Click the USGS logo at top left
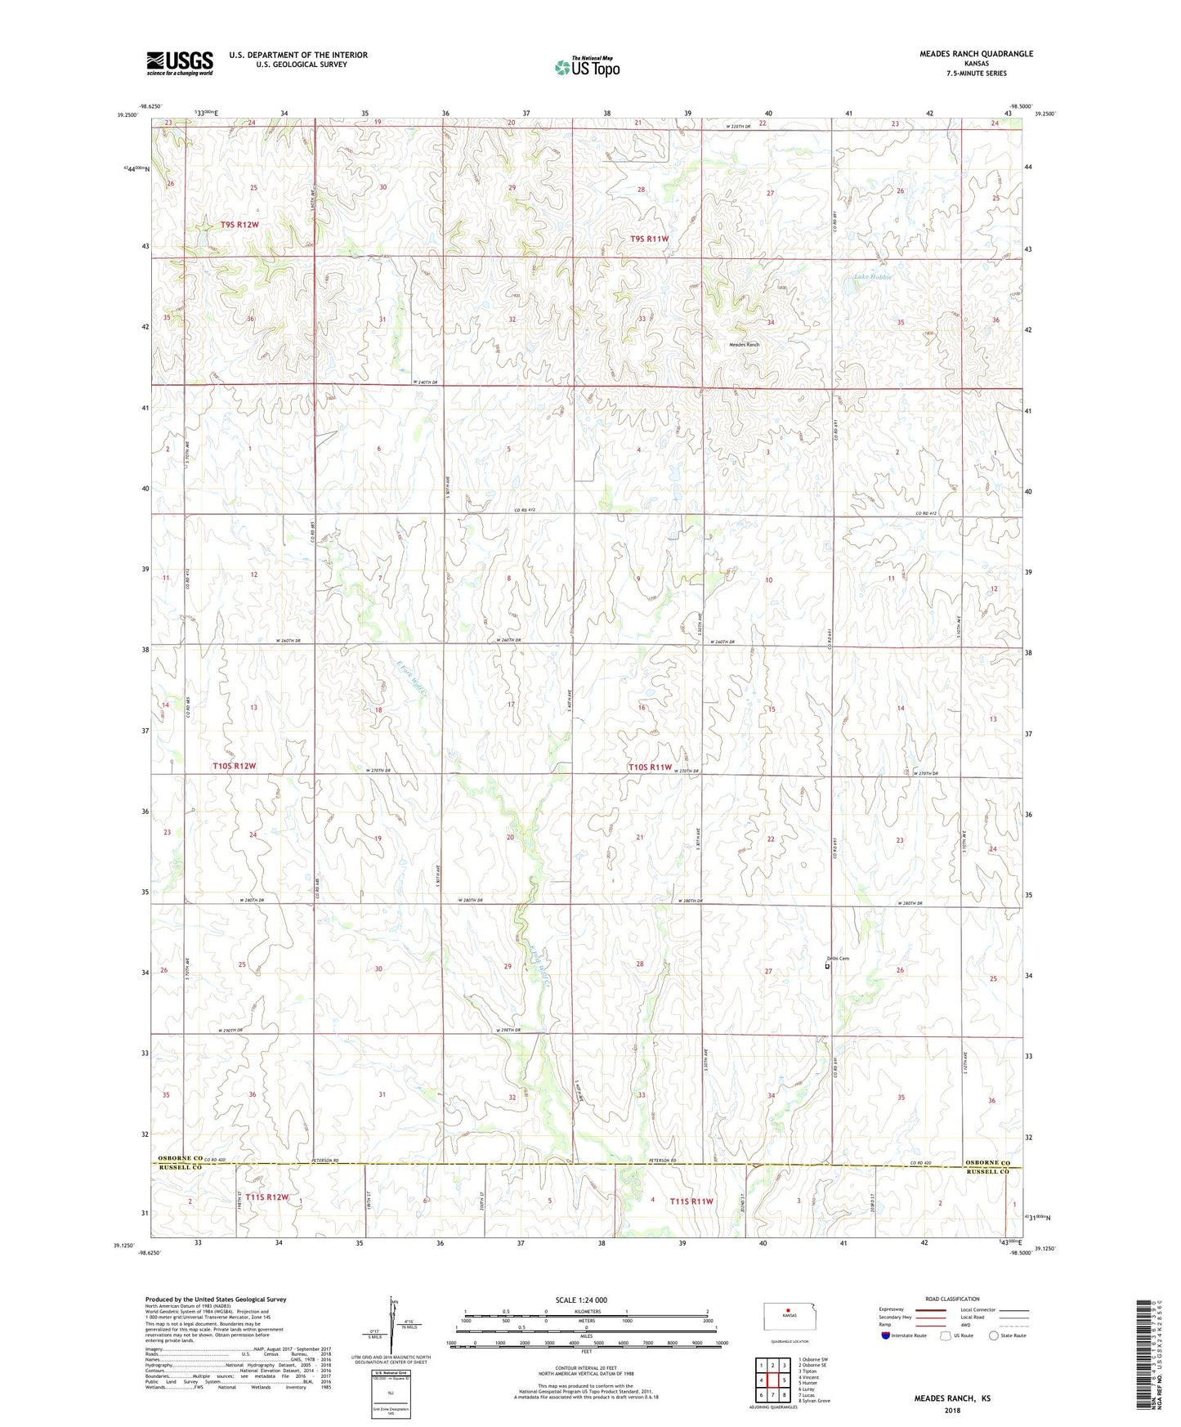click(179, 62)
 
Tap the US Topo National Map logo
click(586, 66)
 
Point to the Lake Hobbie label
click(873, 277)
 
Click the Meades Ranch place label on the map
click(744, 345)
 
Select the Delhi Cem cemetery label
click(838, 959)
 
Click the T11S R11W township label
click(691, 1201)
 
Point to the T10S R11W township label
click(650, 767)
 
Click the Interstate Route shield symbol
click(886, 1335)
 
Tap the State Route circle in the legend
click(994, 1335)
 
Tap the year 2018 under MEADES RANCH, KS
click(952, 1410)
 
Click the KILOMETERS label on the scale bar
click(586, 1311)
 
